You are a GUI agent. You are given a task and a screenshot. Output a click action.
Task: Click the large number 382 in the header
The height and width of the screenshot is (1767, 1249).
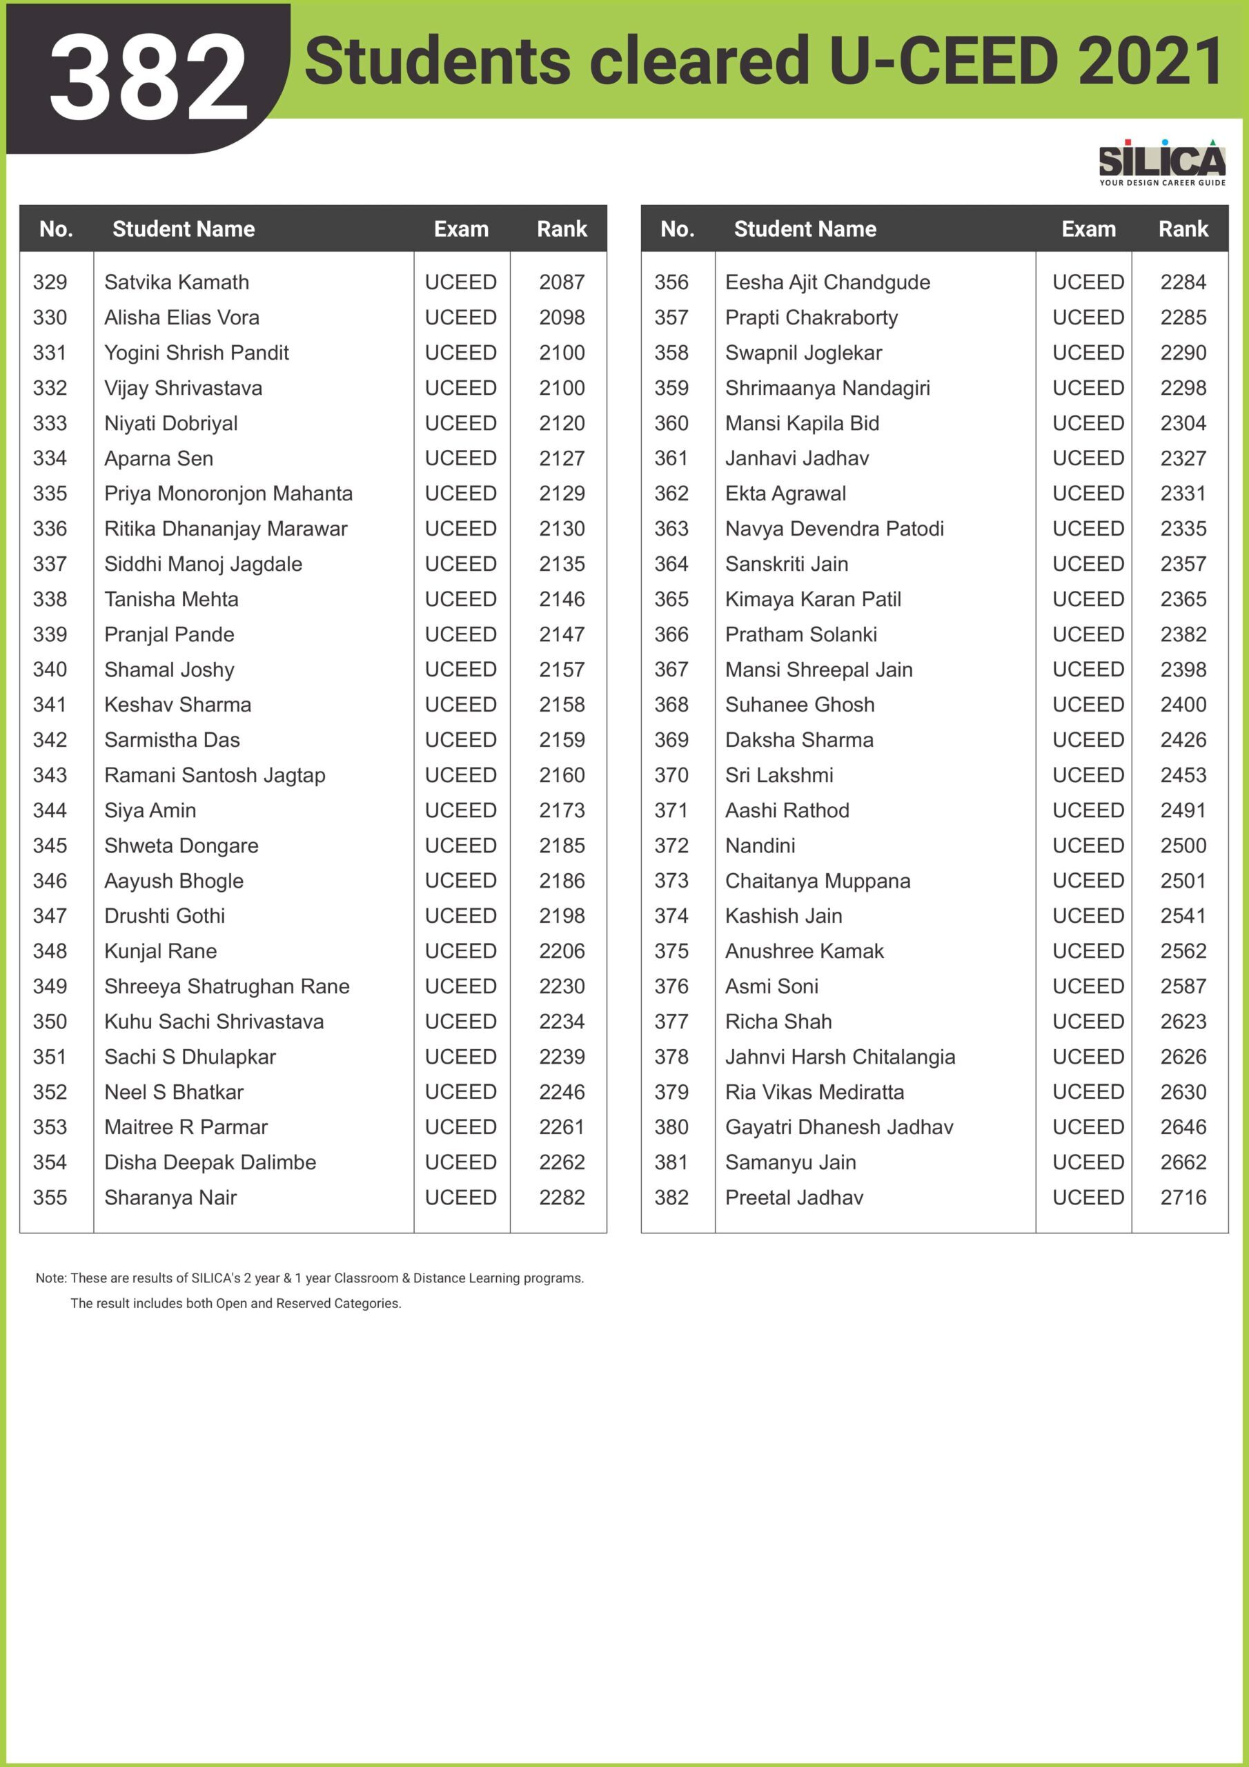[148, 77]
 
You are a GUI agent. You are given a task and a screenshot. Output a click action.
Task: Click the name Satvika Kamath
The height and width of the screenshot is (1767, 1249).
[176, 282]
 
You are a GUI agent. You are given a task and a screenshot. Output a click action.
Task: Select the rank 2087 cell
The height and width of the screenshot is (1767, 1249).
[562, 282]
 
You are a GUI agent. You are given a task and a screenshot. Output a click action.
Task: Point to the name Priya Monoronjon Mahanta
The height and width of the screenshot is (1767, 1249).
[228, 494]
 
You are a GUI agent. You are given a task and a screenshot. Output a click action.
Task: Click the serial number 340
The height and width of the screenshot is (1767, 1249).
[50, 670]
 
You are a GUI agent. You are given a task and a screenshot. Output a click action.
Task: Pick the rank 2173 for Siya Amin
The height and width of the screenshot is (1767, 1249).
[562, 810]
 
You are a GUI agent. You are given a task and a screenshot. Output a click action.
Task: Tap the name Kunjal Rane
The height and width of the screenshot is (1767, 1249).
[160, 951]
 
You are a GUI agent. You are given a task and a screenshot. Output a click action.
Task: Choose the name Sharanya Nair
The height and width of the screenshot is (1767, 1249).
[170, 1198]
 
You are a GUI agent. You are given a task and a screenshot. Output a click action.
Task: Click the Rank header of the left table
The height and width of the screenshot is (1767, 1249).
[562, 228]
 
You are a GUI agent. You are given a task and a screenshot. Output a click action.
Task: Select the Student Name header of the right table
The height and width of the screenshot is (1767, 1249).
[805, 228]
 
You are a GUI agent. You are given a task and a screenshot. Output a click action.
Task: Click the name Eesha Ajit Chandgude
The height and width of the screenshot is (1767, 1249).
[827, 282]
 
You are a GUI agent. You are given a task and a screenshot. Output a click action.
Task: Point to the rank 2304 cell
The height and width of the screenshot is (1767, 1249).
[1183, 423]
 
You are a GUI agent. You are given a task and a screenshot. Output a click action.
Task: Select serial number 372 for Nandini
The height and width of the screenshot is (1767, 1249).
[671, 846]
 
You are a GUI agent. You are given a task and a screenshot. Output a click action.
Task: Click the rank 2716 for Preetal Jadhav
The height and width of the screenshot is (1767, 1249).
[1183, 1198]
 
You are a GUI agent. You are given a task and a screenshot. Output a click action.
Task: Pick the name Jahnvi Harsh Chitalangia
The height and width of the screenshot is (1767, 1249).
[840, 1057]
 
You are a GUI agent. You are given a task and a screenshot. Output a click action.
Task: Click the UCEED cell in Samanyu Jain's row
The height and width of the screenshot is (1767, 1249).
[1088, 1162]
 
